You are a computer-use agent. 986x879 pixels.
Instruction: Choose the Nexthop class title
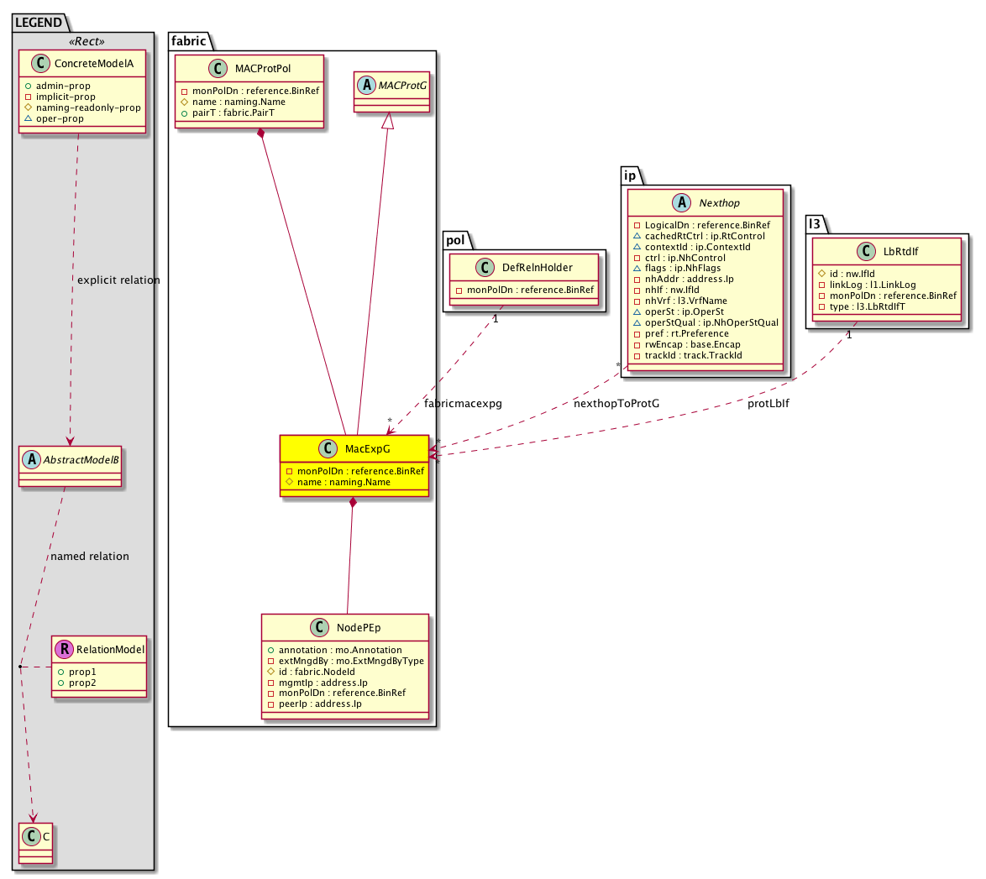[x=716, y=203]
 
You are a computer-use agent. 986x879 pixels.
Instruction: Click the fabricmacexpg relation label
[x=463, y=404]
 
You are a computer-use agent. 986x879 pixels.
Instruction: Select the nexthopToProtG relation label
[x=616, y=404]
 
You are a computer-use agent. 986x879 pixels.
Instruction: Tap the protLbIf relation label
[x=768, y=404]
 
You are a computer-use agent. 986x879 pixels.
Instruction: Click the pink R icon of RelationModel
[x=63, y=649]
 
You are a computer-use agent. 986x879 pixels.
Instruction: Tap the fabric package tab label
[x=186, y=40]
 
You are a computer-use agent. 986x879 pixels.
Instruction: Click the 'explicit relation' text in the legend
[x=118, y=280]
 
